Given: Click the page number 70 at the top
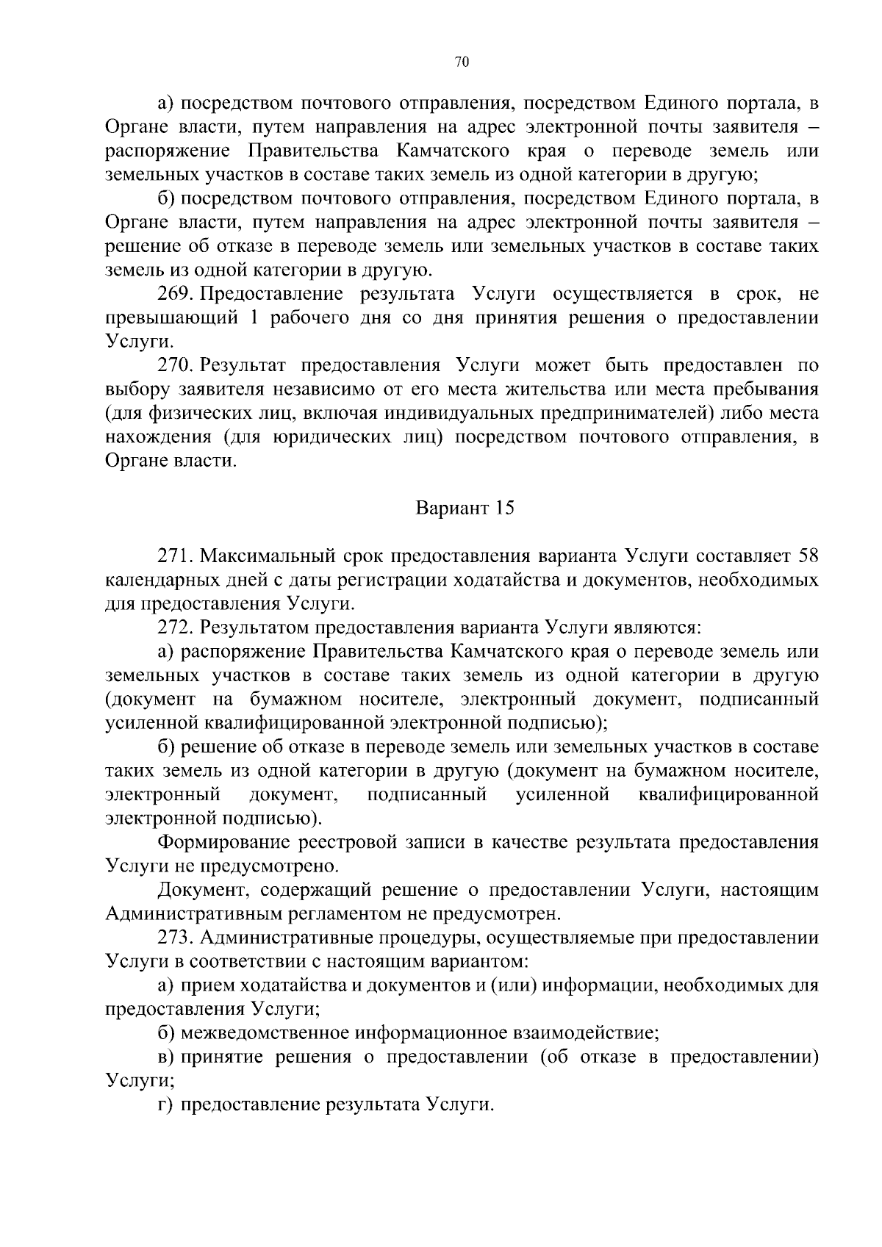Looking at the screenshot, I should click(462, 62).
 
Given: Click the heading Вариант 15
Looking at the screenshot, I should click(465, 508).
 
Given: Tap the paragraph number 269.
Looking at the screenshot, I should click(175, 295).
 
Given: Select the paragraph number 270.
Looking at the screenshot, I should click(175, 366).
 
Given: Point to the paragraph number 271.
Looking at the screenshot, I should click(175, 556).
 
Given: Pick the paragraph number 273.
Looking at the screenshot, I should click(175, 938).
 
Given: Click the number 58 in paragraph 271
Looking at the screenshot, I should click(807, 556).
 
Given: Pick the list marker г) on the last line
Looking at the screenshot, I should click(165, 1105).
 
